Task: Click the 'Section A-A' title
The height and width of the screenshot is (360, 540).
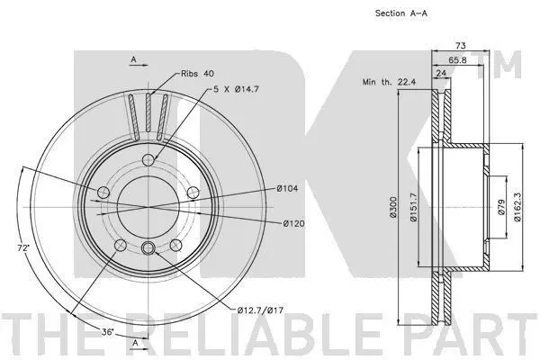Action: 401,13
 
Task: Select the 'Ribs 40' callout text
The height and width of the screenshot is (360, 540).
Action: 197,74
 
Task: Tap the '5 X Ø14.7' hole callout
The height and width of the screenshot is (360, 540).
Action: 236,89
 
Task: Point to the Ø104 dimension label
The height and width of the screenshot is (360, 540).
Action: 287,188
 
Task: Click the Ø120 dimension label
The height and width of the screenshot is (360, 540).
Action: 293,223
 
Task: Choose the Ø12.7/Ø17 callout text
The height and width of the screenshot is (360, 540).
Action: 260,310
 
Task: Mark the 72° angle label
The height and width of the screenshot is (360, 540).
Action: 23,247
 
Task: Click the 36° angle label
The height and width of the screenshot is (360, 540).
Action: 108,332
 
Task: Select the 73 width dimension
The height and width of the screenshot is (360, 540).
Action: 461,45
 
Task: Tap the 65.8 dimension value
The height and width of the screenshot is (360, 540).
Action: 457,60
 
